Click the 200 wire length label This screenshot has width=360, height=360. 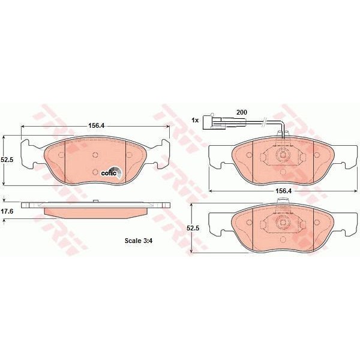pyautogui.click(x=242, y=112)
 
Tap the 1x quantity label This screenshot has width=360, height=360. pyautogui.click(x=195, y=120)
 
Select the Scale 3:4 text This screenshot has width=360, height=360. pyautogui.click(x=139, y=241)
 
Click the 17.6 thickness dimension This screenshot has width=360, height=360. pyautogui.click(x=7, y=211)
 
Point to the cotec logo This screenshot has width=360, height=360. pyautogui.click(x=112, y=172)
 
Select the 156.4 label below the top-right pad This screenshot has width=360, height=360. pyautogui.click(x=283, y=191)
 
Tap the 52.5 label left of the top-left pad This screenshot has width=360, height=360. pyautogui.click(x=7, y=160)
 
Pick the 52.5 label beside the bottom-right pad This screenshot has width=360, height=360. pyautogui.click(x=193, y=228)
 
